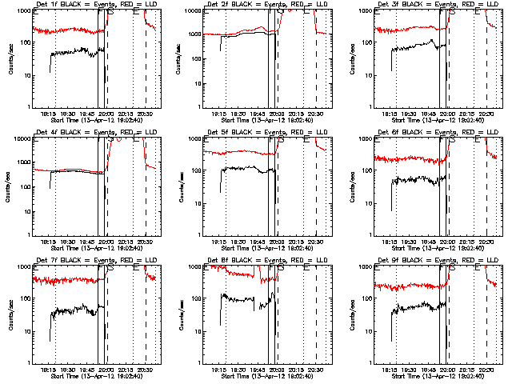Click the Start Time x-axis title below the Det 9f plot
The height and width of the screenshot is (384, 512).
[x=430, y=375]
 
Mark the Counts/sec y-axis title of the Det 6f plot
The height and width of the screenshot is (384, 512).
[x=352, y=187]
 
